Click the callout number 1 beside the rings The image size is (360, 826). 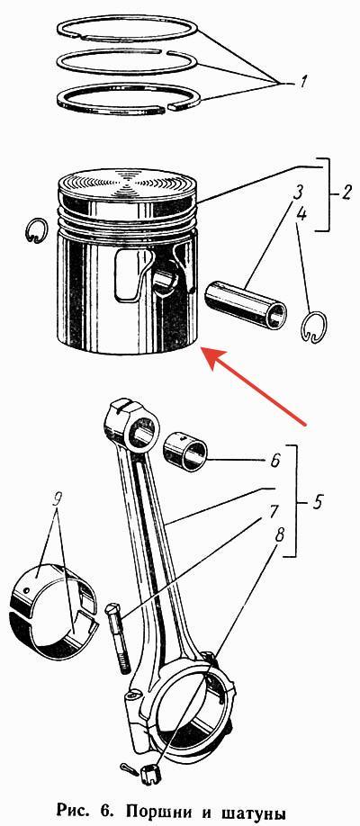[302, 82]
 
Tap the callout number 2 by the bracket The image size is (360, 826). [345, 193]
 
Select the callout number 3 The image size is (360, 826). [298, 192]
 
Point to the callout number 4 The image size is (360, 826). [301, 214]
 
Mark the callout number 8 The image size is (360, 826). [278, 536]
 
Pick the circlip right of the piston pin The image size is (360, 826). [315, 328]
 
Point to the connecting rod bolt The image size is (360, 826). [119, 638]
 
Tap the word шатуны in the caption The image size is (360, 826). [256, 809]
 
